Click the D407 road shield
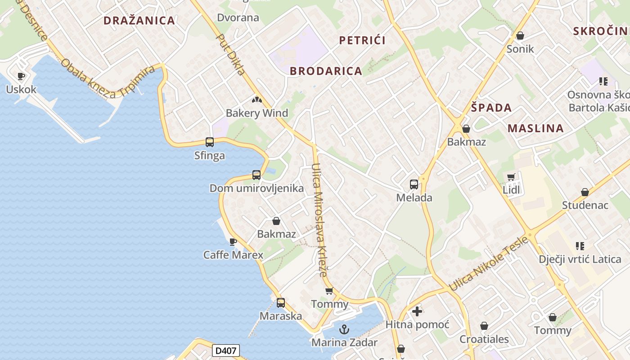(226, 351)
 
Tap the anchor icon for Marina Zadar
(344, 330)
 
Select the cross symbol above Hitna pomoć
(417, 311)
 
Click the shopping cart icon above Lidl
(511, 177)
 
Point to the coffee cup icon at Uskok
(21, 76)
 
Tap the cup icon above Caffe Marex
(233, 242)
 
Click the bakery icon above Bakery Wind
(256, 100)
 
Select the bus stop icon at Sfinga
(210, 142)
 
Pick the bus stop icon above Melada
(414, 184)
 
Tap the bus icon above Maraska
(281, 303)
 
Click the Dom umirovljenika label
(256, 188)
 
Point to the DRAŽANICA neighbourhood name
(139, 20)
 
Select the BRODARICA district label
(326, 71)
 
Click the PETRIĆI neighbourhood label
(362, 40)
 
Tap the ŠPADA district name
(491, 108)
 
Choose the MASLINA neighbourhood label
(535, 128)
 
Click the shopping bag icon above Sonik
(520, 36)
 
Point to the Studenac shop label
(585, 205)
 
